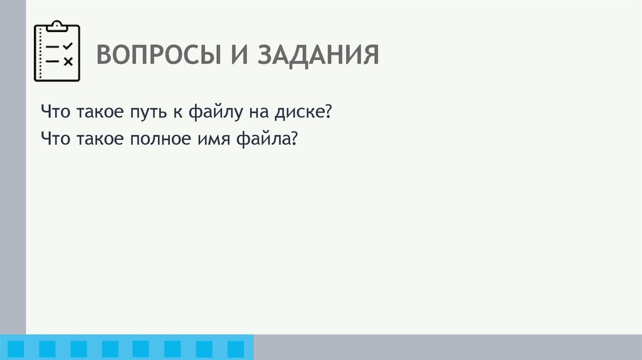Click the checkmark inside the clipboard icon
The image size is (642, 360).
pyautogui.click(x=68, y=46)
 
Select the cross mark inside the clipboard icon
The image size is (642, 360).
pyautogui.click(x=68, y=61)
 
